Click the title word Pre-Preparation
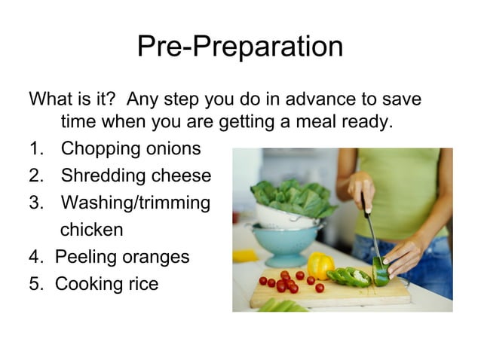(x=240, y=47)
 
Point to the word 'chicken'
(x=91, y=229)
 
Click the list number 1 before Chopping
(x=34, y=148)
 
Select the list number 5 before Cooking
(x=34, y=284)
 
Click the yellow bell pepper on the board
(x=320, y=265)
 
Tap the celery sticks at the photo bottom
(x=283, y=305)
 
